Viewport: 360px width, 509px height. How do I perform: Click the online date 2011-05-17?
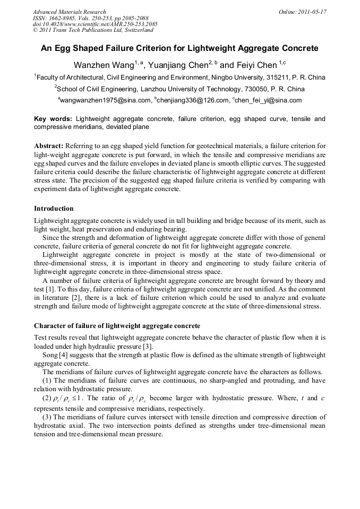pos(311,12)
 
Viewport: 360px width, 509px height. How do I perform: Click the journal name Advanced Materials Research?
pos(69,12)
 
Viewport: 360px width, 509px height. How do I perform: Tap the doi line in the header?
pos(95,24)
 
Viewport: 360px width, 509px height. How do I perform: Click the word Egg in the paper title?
pos(66,48)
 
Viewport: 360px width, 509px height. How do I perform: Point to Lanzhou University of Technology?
pos(193,89)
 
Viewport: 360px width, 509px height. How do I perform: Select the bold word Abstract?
pos(49,145)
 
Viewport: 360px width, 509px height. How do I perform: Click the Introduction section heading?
pos(54,208)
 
